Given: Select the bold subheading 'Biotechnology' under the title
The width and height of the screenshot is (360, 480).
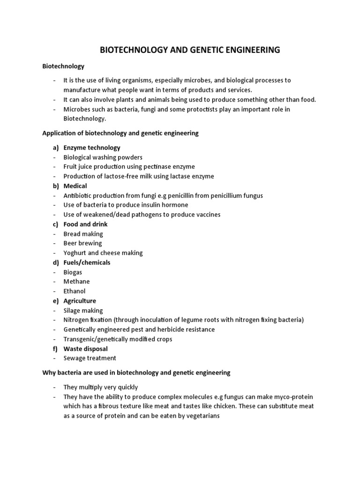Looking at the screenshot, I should [63, 67].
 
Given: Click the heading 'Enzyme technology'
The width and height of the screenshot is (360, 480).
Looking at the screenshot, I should [92, 148].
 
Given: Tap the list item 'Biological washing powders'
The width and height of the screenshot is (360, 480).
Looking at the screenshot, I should [103, 157].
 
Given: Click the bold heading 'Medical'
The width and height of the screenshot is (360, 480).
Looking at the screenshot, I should [75, 186].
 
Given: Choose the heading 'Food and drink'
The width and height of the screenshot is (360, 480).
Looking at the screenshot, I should [85, 225].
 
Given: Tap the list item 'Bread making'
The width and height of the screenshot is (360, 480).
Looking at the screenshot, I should [83, 234].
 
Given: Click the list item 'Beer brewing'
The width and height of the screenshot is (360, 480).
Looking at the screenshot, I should [82, 243].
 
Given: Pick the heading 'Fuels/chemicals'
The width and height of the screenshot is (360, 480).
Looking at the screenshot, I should [87, 262].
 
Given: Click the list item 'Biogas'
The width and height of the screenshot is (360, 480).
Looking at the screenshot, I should [73, 272].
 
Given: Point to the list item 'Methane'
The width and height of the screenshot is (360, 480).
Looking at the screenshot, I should [76, 282].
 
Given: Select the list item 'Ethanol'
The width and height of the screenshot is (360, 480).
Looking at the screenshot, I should [75, 292].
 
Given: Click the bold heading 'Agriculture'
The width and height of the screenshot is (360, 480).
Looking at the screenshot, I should [80, 301].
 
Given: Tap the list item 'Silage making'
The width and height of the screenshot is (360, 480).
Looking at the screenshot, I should [83, 311].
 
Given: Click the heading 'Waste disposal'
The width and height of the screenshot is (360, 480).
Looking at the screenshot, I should [85, 349].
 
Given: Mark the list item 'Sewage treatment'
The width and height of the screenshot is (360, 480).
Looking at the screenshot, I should [90, 358].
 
